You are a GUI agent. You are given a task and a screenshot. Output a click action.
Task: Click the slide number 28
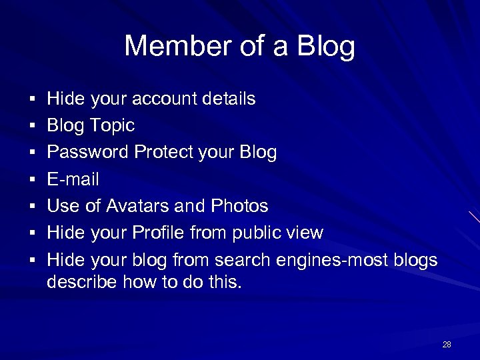447,345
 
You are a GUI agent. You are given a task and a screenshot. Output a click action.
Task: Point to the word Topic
112,126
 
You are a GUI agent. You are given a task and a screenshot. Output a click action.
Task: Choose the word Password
88,153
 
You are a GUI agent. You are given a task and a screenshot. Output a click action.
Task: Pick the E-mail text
73,179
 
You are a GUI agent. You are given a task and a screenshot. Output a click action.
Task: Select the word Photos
239,206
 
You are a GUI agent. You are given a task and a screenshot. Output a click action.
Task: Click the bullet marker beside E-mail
33,180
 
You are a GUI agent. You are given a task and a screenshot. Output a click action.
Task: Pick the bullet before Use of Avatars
33,207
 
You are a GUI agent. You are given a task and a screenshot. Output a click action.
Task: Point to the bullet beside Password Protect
33,153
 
